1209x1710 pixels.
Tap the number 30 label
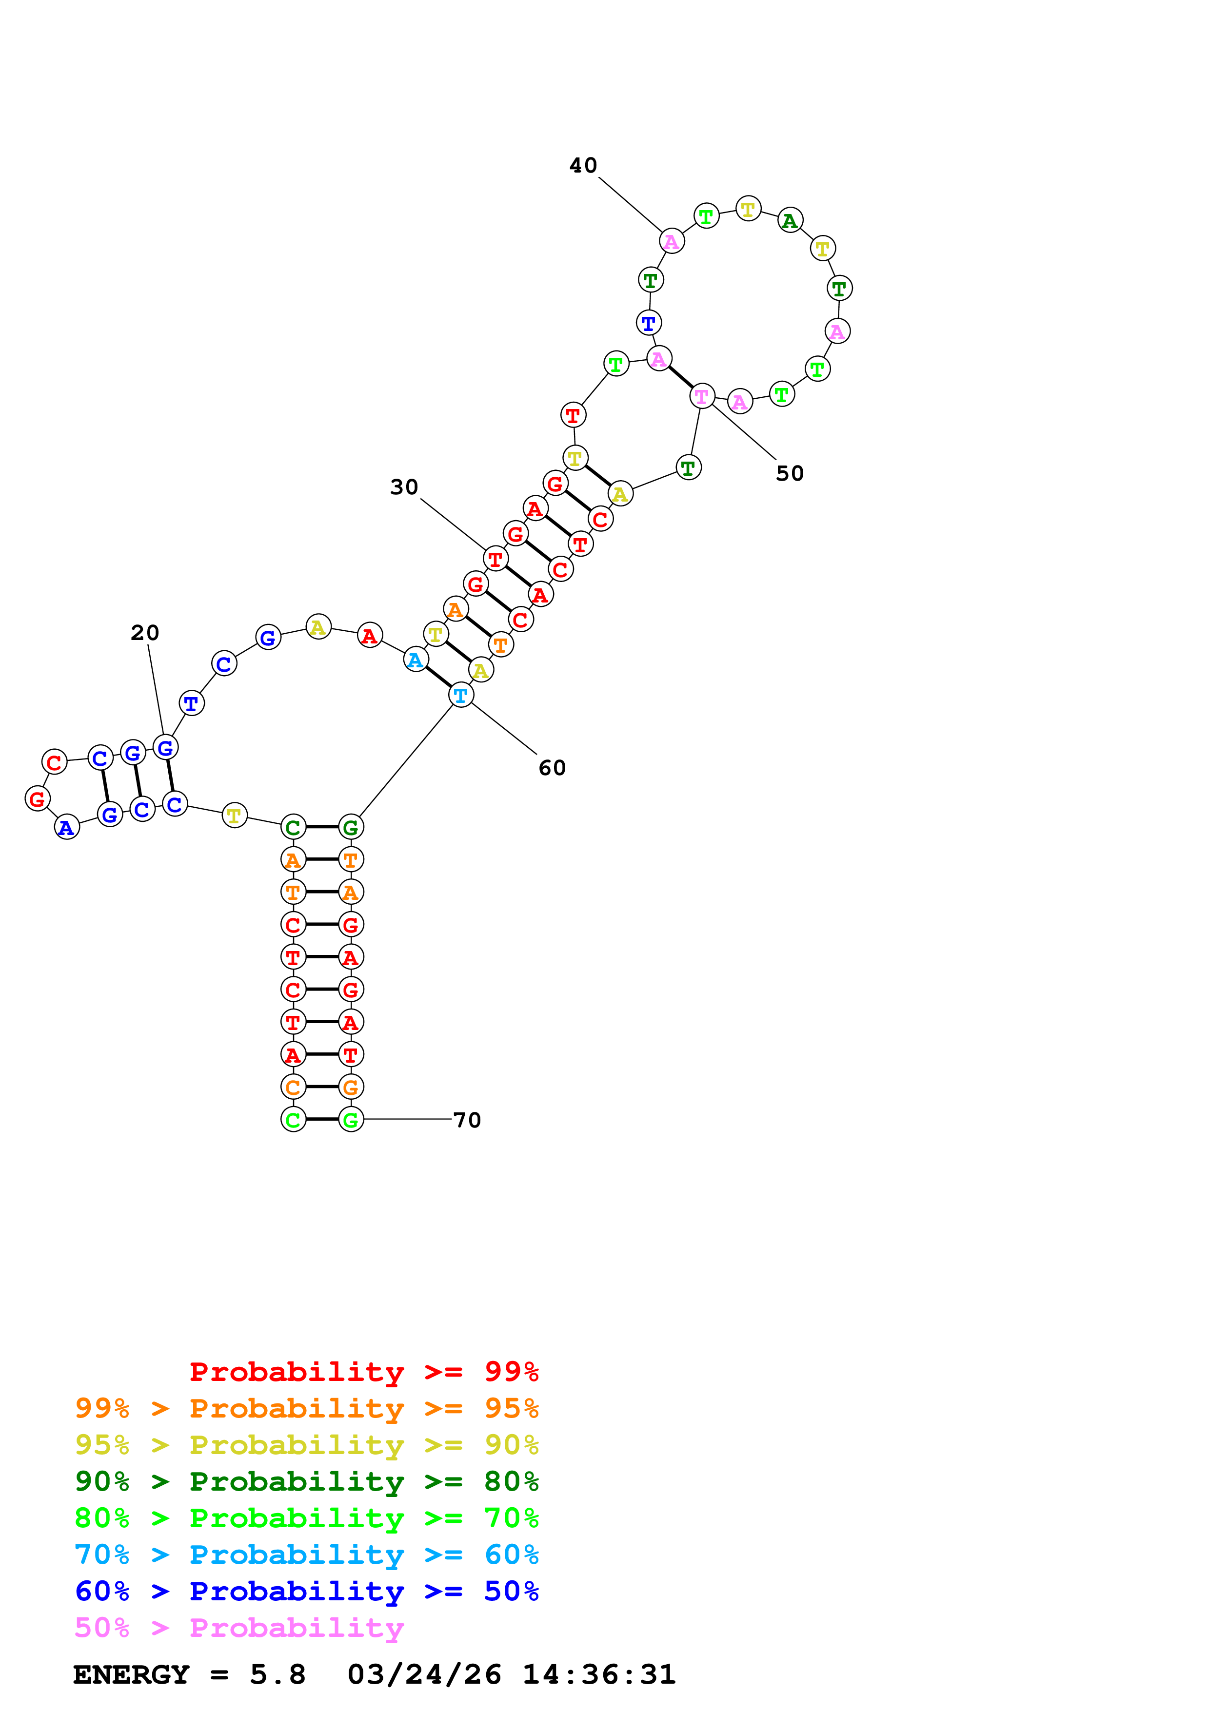[404, 487]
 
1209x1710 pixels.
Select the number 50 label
[790, 474]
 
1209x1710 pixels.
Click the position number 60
[552, 768]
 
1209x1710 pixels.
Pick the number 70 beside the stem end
[467, 1120]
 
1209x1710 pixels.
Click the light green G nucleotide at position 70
[351, 1119]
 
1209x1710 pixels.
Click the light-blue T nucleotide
[461, 695]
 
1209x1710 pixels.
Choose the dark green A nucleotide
[790, 220]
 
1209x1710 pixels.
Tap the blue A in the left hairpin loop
[66, 827]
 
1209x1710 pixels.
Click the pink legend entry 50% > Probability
[239, 1628]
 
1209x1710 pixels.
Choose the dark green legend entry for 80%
[306, 1481]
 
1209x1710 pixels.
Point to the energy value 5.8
[277, 1675]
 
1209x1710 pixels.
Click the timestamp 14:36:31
[598, 1675]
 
